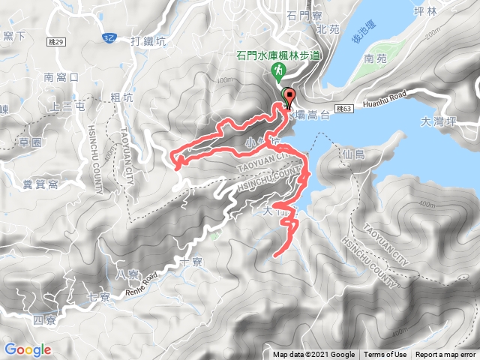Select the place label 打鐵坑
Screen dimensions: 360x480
click(x=147, y=41)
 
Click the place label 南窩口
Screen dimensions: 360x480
click(x=61, y=77)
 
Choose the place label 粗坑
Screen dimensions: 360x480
click(x=121, y=97)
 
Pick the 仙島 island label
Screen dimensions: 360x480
click(x=352, y=154)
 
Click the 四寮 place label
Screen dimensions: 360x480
click(x=44, y=321)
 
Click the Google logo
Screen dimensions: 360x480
click(x=28, y=349)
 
